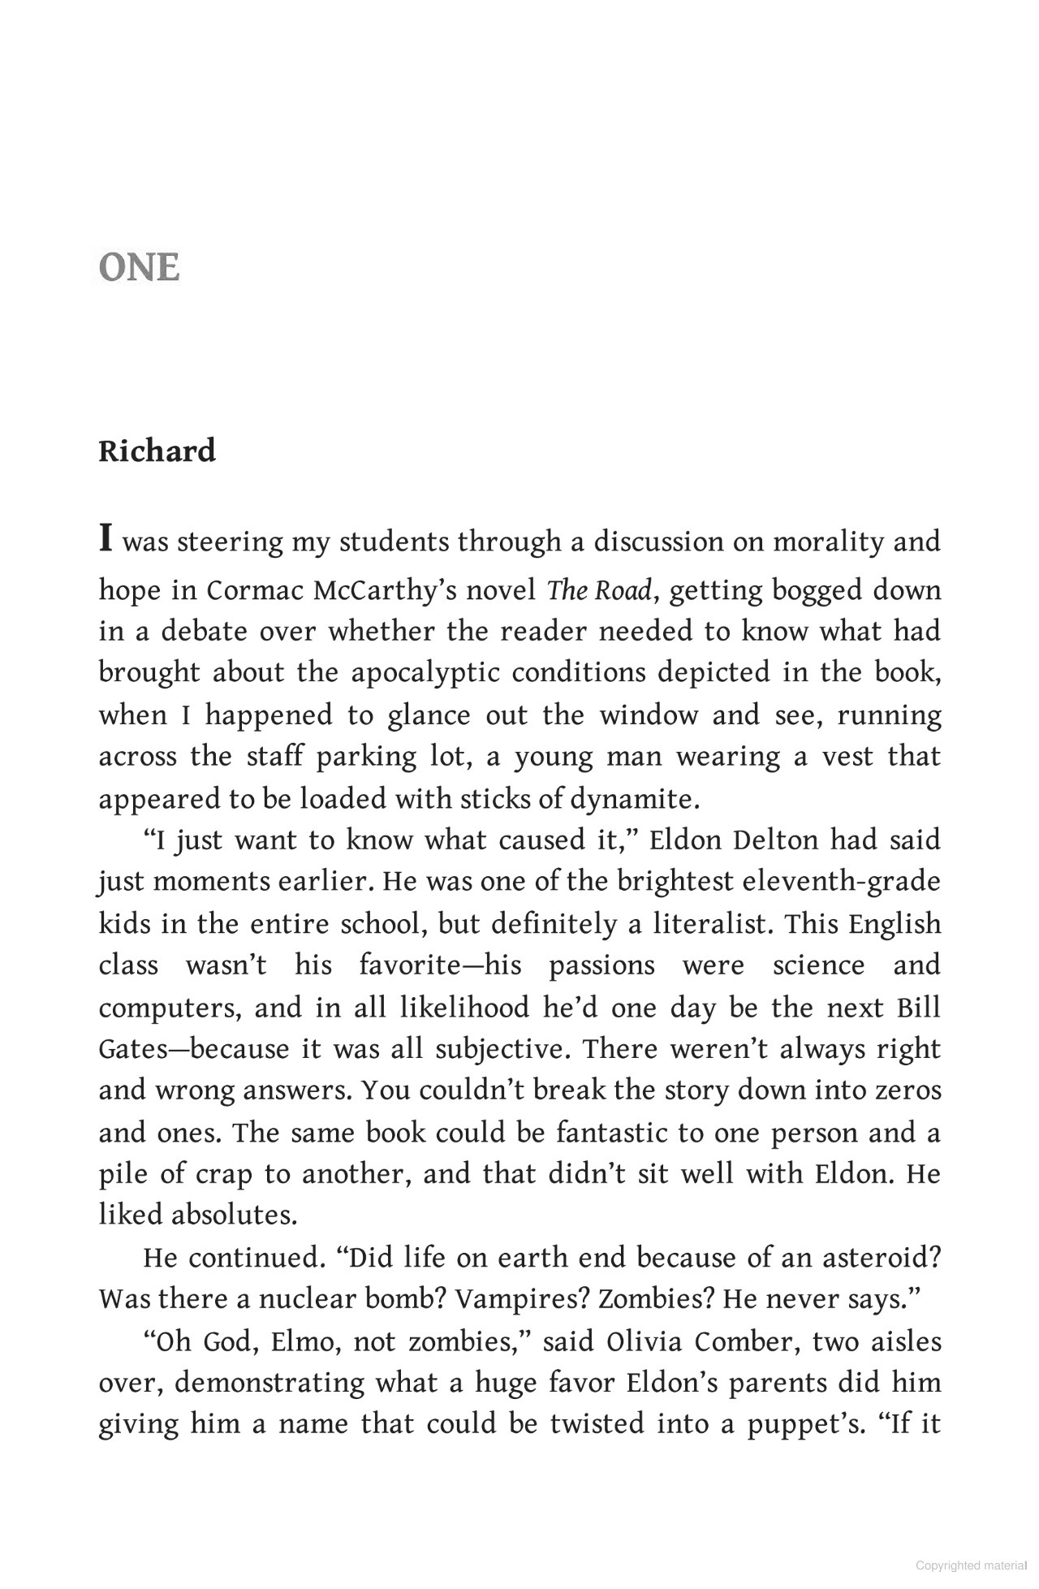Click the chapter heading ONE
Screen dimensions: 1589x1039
pyautogui.click(x=139, y=268)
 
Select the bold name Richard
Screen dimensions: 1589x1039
pyautogui.click(x=157, y=451)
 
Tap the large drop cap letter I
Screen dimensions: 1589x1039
pyautogui.click(x=106, y=538)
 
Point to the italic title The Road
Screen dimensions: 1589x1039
pyautogui.click(x=598, y=590)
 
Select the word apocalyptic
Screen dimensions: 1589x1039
pyautogui.click(x=426, y=673)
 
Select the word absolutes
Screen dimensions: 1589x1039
pyautogui.click(x=234, y=1215)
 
